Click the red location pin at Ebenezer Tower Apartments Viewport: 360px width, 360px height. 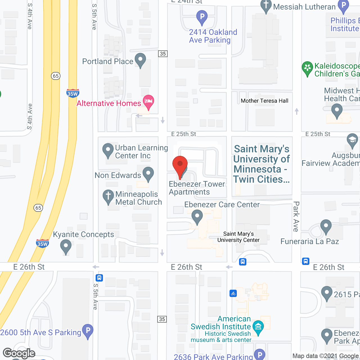pyautogui.click(x=180, y=165)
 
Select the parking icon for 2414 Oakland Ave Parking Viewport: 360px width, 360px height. pyautogui.click(x=202, y=17)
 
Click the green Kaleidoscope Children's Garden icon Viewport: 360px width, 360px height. pyautogui.click(x=307, y=68)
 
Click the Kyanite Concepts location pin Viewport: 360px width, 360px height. pyautogui.click(x=66, y=246)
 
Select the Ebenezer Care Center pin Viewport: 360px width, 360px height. pyautogui.click(x=197, y=216)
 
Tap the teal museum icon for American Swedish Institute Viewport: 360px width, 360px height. pyautogui.click(x=258, y=327)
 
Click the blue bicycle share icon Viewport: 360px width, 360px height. pyautogui.click(x=233, y=293)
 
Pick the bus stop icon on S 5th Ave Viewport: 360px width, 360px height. pyautogui.click(x=99, y=278)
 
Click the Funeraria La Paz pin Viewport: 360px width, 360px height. pyautogui.click(x=326, y=226)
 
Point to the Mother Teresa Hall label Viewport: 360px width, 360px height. pyautogui.click(x=264, y=101)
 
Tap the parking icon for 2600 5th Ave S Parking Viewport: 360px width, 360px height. pyautogui.click(x=88, y=330)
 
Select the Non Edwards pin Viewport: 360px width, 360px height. pyautogui.click(x=148, y=174)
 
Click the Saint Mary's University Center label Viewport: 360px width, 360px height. pyautogui.click(x=238, y=237)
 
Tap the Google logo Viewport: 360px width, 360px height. pyautogui.click(x=19, y=353)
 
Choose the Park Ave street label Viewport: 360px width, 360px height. pyautogui.click(x=296, y=216)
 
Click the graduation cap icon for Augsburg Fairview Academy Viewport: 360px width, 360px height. pyautogui.click(x=352, y=140)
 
